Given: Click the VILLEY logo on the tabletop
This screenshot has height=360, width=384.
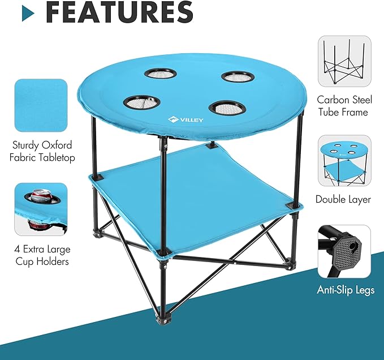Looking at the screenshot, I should click(184, 119).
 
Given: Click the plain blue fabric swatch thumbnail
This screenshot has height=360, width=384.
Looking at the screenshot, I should click(41, 105).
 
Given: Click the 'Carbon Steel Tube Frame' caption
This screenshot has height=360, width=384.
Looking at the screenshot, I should click(344, 106).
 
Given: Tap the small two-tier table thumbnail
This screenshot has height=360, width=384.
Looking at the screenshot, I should click(344, 161).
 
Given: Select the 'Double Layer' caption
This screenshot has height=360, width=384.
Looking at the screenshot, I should click(344, 199).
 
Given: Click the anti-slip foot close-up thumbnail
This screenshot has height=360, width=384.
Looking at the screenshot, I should click(344, 251).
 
